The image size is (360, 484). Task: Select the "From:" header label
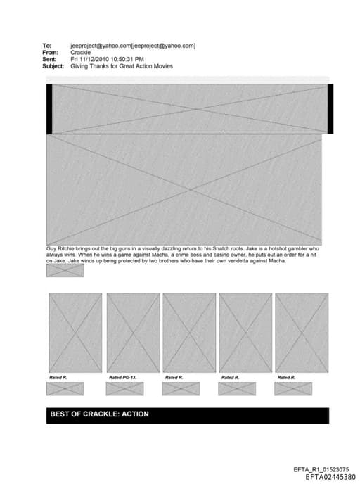click(50, 53)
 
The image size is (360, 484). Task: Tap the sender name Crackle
click(81, 53)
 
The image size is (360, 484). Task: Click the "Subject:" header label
click(53, 66)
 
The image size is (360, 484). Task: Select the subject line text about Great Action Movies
click(122, 66)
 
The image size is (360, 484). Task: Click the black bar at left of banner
click(49, 108)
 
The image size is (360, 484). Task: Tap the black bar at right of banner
click(330, 108)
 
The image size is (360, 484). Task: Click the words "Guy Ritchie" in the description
click(61, 249)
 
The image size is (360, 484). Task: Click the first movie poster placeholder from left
click(75, 333)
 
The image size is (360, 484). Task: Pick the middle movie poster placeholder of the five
click(189, 333)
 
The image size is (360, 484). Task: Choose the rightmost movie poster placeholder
click(302, 333)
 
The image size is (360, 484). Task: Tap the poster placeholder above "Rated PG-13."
click(133, 333)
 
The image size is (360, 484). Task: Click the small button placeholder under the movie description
click(65, 270)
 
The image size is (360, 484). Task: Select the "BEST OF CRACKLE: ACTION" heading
click(99, 414)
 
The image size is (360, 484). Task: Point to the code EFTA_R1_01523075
click(321, 469)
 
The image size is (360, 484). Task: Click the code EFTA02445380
click(330, 477)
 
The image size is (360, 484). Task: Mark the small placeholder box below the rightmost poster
click(292, 388)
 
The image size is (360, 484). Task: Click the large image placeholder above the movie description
click(184, 189)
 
